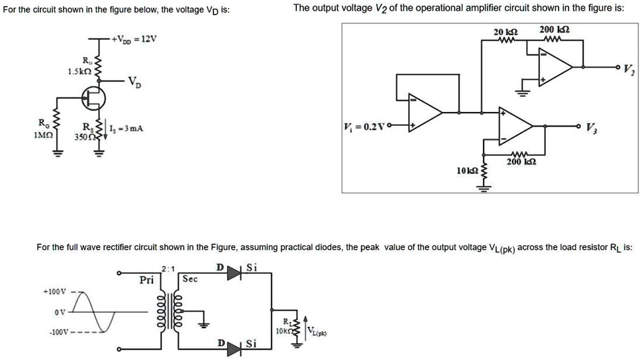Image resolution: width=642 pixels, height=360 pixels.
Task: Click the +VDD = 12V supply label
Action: coord(134,38)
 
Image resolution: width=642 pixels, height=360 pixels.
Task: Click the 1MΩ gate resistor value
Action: coord(44,134)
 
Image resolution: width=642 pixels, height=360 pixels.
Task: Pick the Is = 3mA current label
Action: coord(122,129)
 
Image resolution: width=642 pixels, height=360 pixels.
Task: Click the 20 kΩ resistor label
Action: coord(506,32)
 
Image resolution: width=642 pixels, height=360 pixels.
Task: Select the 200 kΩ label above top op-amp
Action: coord(554,30)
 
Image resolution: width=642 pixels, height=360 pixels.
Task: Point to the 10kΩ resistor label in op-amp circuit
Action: coord(466,170)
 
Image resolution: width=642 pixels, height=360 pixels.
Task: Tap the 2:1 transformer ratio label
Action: coord(168,268)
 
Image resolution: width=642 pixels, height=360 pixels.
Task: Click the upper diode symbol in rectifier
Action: coord(233,272)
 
